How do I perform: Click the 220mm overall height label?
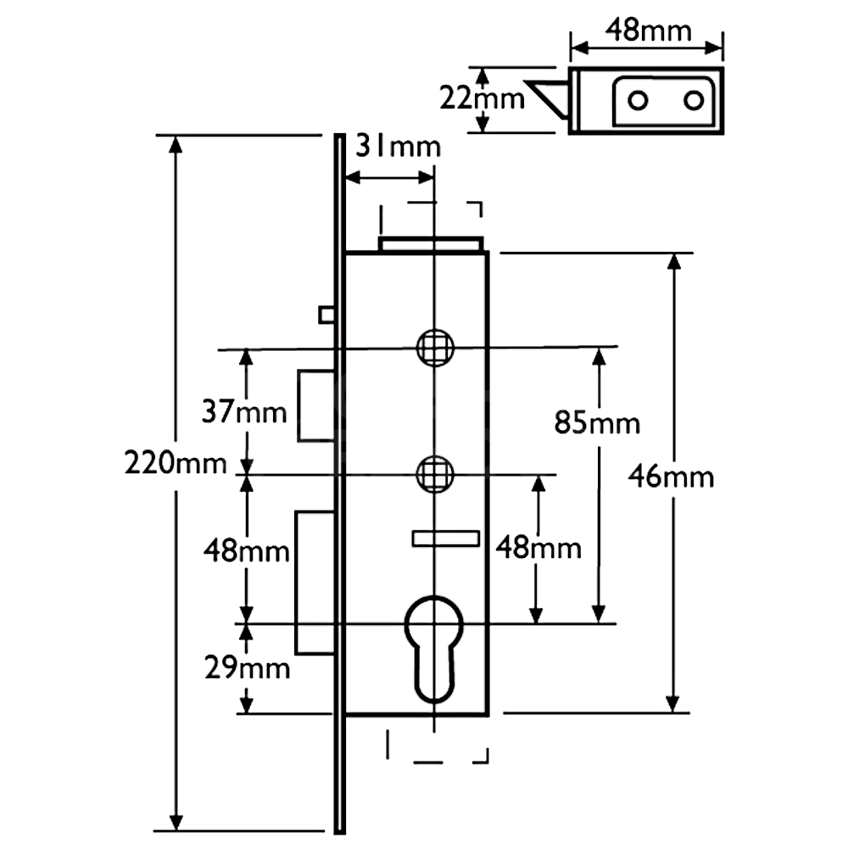[x=176, y=464]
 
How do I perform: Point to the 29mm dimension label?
[x=246, y=668]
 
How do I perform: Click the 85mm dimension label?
[x=597, y=422]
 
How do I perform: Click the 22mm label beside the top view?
[x=482, y=99]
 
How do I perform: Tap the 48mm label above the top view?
[x=648, y=31]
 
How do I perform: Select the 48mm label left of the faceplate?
[x=246, y=551]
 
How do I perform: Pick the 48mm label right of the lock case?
[x=538, y=548]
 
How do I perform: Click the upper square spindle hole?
[x=434, y=347]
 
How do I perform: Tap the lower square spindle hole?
[x=434, y=474]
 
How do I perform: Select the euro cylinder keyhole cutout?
[x=434, y=644]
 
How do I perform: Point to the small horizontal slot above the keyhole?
[x=445, y=538]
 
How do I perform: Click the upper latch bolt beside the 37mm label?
[x=315, y=405]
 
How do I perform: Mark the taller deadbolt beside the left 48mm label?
[x=315, y=583]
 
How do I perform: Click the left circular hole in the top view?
[x=638, y=101]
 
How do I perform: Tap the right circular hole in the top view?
[x=695, y=101]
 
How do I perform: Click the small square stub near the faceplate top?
[x=326, y=315]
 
